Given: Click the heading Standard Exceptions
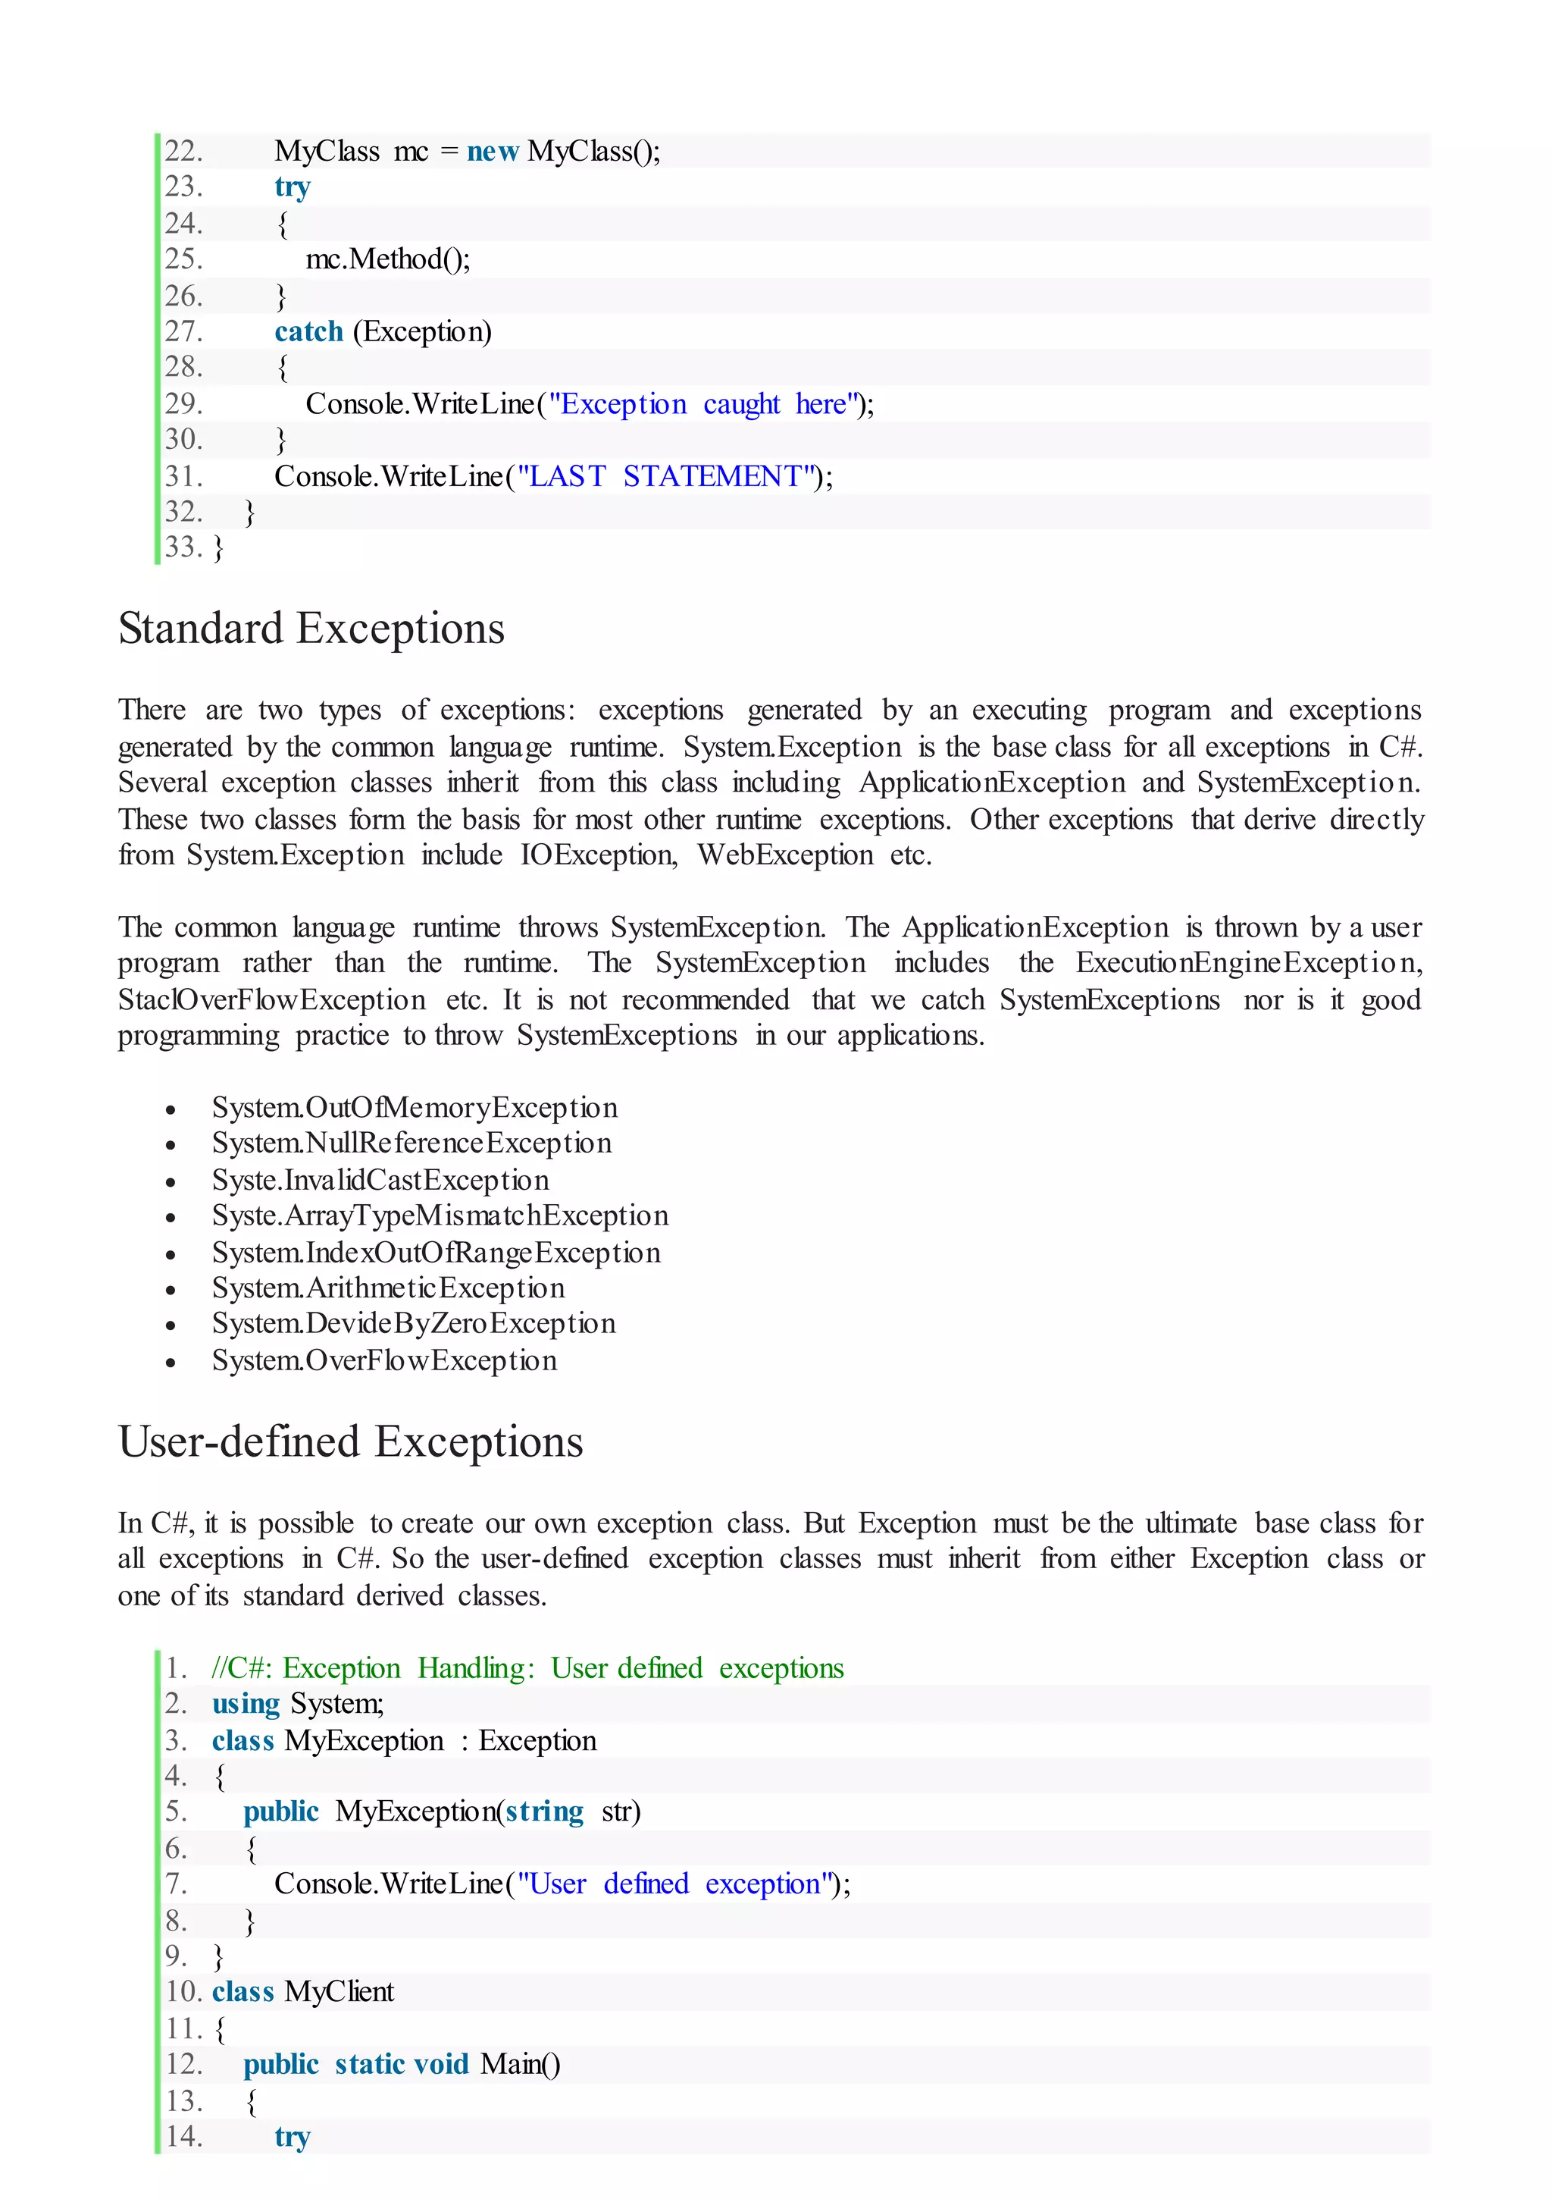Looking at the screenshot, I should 311,629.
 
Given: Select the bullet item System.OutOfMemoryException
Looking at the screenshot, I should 415,1108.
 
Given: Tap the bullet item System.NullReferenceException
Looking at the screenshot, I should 411,1143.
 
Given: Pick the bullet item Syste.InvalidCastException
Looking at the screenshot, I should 380,1180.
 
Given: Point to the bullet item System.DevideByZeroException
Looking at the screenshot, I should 414,1324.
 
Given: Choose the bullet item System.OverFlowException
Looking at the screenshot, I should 384,1361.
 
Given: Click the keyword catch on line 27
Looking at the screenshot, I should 308,331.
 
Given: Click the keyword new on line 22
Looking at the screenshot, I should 492,152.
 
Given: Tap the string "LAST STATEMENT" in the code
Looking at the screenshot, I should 666,476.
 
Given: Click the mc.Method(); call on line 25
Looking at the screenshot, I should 388,259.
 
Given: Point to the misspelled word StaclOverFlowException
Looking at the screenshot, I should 272,1001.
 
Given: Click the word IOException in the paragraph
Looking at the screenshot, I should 597,855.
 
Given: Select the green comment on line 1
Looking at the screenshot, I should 527,1668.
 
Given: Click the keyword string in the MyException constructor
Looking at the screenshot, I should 544,1812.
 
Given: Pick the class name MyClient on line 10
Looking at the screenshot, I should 339,1992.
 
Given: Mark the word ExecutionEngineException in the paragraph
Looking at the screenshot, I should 1247,964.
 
